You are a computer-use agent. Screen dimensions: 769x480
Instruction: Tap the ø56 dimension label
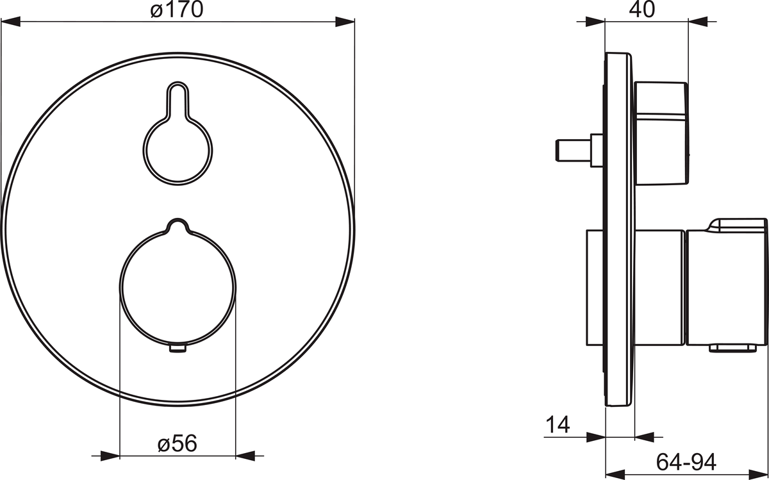tap(177, 443)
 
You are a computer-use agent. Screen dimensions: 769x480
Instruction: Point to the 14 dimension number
tap(558, 424)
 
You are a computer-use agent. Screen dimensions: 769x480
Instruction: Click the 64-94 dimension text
tap(686, 462)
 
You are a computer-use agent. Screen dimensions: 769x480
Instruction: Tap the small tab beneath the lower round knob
tap(178, 349)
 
